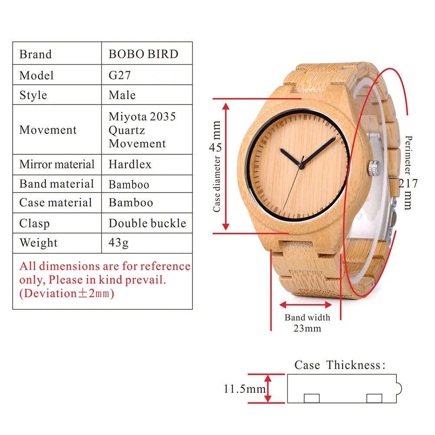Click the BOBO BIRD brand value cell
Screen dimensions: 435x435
coord(143,54)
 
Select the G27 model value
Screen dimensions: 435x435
coord(120,75)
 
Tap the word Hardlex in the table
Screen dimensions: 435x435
coord(130,165)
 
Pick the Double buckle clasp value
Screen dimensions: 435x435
coord(147,223)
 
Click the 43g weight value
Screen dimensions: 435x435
coord(119,242)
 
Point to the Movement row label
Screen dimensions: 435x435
coord(48,130)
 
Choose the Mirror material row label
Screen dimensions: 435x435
coord(57,165)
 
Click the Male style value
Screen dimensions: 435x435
coord(122,95)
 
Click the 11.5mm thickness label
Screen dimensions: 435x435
coord(245,389)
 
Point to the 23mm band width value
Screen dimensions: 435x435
coord(307,328)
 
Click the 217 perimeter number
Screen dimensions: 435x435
coord(408,183)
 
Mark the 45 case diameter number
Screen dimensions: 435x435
coord(216,147)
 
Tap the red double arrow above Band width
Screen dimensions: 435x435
coord(300,305)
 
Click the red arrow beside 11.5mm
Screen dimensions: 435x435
coord(268,389)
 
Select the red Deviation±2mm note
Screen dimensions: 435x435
coord(66,293)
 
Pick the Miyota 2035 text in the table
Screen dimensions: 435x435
coord(142,116)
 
